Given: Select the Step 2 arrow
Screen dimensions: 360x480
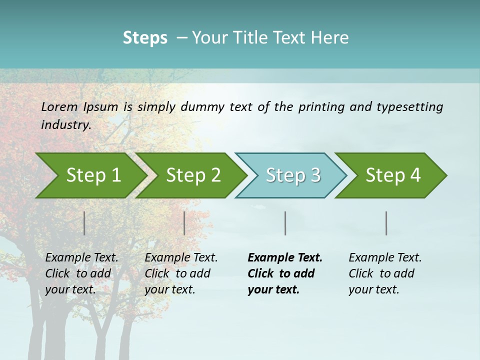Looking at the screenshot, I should [193, 175].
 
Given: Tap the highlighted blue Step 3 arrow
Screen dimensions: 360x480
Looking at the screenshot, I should [292, 175].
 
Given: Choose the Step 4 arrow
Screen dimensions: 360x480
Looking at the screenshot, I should [393, 175].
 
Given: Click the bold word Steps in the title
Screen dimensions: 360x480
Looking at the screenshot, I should [145, 38].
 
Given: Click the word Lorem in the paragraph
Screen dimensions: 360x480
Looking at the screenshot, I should [59, 106].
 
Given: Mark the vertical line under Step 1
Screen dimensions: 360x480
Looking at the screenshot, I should [84, 223].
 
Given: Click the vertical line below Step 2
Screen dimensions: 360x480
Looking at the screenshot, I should [184, 223].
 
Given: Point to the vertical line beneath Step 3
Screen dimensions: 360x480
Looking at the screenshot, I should [285, 223].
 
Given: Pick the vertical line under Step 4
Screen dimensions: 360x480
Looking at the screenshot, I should [386, 223].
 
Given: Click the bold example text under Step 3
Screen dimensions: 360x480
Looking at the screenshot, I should [284, 273].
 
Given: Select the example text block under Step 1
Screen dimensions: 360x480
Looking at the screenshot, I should [81, 273].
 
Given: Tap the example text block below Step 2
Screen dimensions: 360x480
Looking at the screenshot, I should [181, 273].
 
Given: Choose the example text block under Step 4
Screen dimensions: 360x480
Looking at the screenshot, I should [385, 273].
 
